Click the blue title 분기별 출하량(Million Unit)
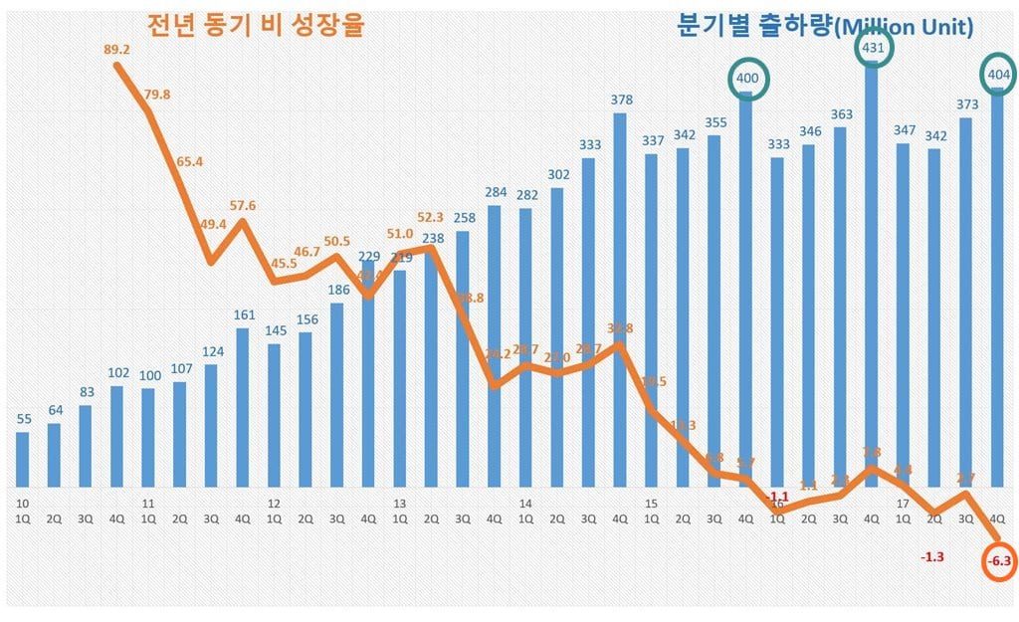coord(825,27)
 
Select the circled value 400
coord(746,78)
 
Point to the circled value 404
coord(996,74)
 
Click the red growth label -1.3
coord(932,556)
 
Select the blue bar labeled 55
coord(23,459)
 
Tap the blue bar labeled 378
coord(620,299)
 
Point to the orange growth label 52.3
coord(431,216)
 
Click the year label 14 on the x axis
coord(524,504)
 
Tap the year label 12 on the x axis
coord(273,504)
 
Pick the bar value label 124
coord(211,351)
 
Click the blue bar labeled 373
coord(964,303)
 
